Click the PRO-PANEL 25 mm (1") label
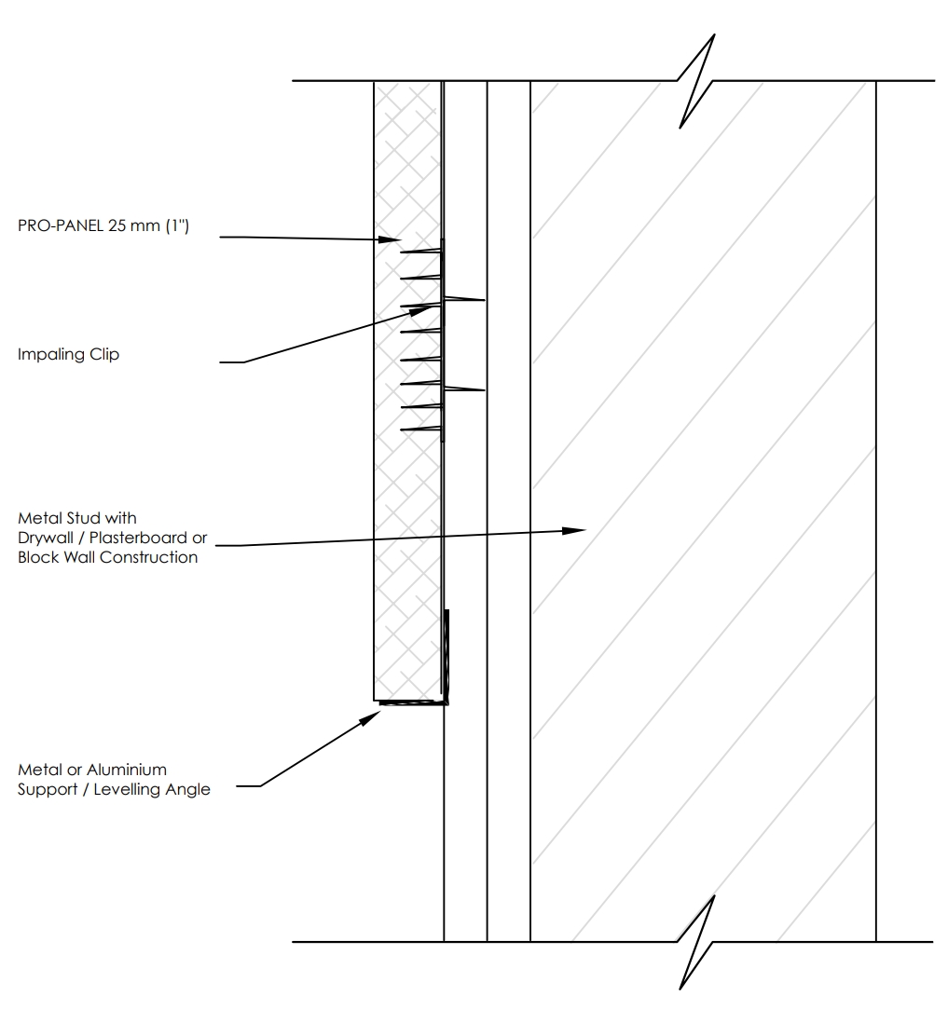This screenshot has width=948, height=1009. coord(103,225)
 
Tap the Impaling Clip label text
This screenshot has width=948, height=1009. coord(68,355)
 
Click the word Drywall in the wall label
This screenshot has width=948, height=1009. coord(45,538)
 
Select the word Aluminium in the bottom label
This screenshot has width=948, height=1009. coord(127,770)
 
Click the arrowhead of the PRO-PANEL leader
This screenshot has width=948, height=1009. coord(390,239)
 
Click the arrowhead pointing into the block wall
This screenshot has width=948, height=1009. coord(574,531)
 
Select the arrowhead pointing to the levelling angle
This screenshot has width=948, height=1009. coord(370,718)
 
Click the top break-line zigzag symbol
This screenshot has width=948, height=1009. coord(696,81)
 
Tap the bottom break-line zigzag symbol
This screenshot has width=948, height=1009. coord(696,942)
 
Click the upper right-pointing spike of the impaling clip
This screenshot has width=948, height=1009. coord(464,299)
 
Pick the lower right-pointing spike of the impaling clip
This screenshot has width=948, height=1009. coord(464,389)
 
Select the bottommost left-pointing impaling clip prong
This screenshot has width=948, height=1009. coord(421,430)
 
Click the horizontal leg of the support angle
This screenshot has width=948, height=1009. coord(413,702)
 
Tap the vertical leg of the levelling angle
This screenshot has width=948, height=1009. coord(446,656)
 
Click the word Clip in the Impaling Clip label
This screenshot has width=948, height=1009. coord(104,355)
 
